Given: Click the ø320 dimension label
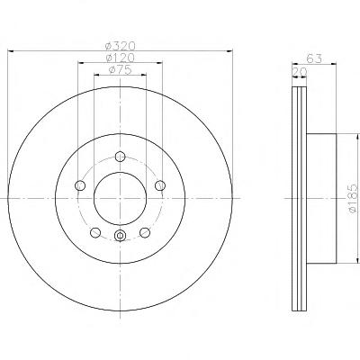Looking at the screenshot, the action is pyautogui.click(x=121, y=46).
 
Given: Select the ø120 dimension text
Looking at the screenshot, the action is pyautogui.click(x=121, y=58).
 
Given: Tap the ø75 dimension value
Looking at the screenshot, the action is pyautogui.click(x=121, y=69).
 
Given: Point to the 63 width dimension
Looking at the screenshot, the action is pyautogui.click(x=314, y=58).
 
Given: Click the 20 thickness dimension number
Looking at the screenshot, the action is pyautogui.click(x=300, y=72).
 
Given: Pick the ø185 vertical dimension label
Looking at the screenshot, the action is pyautogui.click(x=354, y=199).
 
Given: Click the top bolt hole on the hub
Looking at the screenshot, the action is pyautogui.click(x=121, y=157).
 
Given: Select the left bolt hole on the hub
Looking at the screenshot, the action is pyautogui.click(x=80, y=185).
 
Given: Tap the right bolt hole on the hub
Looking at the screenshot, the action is pyautogui.click(x=160, y=185).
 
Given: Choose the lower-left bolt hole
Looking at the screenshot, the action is pyautogui.click(x=95, y=232).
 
